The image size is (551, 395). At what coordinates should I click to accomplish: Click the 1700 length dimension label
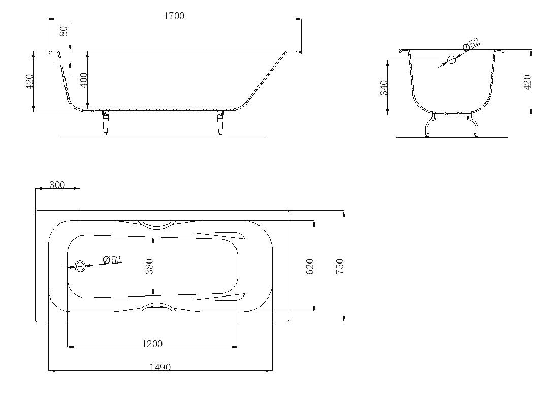[174, 16]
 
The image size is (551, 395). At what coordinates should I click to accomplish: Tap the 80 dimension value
[63, 31]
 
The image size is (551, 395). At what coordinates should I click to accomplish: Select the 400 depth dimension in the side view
[84, 80]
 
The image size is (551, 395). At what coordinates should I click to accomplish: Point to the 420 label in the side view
[29, 82]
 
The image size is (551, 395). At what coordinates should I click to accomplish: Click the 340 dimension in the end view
[384, 87]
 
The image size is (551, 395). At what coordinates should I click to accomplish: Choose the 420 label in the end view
[527, 82]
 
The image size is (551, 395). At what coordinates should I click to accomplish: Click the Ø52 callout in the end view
[472, 45]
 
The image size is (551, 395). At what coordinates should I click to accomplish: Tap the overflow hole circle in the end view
[452, 60]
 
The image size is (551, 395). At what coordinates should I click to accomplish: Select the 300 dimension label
[57, 185]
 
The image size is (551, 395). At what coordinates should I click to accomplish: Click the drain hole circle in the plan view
[80, 266]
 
